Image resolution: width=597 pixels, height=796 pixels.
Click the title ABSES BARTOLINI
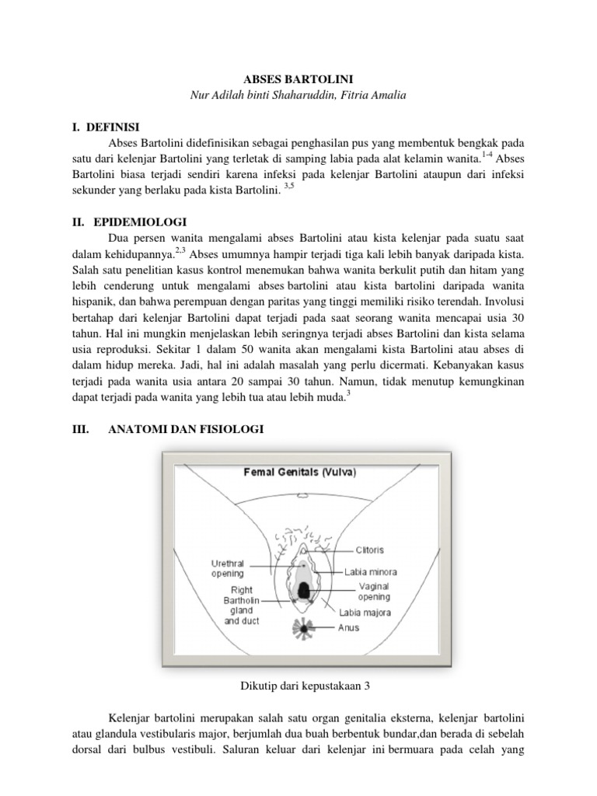(x=298, y=79)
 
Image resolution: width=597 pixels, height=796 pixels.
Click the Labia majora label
(x=365, y=613)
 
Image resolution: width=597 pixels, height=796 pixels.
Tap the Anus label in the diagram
(x=348, y=628)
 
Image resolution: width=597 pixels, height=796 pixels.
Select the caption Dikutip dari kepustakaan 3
(x=298, y=685)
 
